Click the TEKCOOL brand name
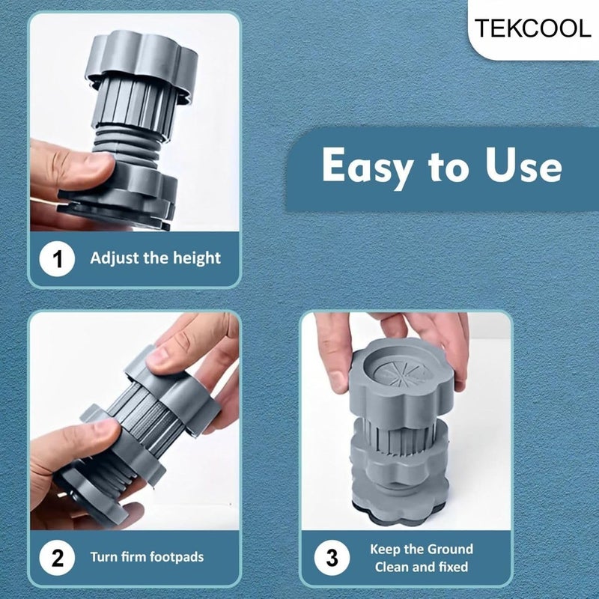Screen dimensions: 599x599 click(x=532, y=28)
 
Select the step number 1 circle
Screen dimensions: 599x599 click(x=58, y=259)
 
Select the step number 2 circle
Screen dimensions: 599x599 click(x=58, y=558)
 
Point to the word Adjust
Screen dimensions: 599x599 click(x=112, y=258)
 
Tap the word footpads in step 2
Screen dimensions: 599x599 click(x=177, y=557)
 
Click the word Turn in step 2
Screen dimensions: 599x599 click(x=103, y=557)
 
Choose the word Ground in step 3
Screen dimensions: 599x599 click(x=449, y=549)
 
